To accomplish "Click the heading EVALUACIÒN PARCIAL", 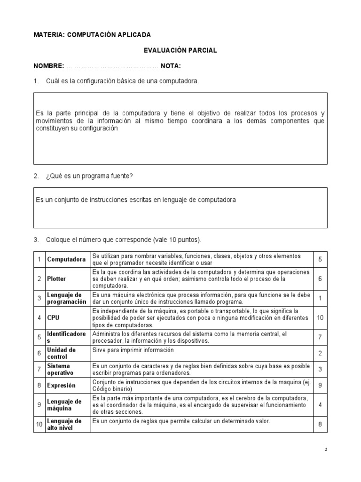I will tap(180, 50).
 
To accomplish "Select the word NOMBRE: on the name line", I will tap(48, 66).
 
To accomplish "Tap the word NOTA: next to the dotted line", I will tap(171, 66).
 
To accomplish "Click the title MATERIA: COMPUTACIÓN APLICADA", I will tap(92, 35).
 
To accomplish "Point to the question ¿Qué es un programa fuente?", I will tap(89, 176).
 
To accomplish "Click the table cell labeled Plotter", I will tap(56, 279).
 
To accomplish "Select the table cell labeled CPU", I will tap(53, 318).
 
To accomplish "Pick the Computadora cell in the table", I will tap(66, 259).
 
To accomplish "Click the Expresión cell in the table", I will tap(61, 386).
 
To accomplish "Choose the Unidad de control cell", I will tap(62, 353).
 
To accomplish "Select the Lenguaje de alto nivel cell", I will tap(64, 424).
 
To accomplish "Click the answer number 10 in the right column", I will tap(320, 318).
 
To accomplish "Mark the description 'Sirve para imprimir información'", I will tap(133, 350).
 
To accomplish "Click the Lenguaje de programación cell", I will tap(67, 298).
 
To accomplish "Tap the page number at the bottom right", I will tap(326, 450).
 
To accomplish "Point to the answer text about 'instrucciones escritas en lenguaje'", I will tap(136, 200).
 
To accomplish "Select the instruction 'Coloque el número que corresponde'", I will tap(124, 240).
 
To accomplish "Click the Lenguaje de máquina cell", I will tap(64, 404).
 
